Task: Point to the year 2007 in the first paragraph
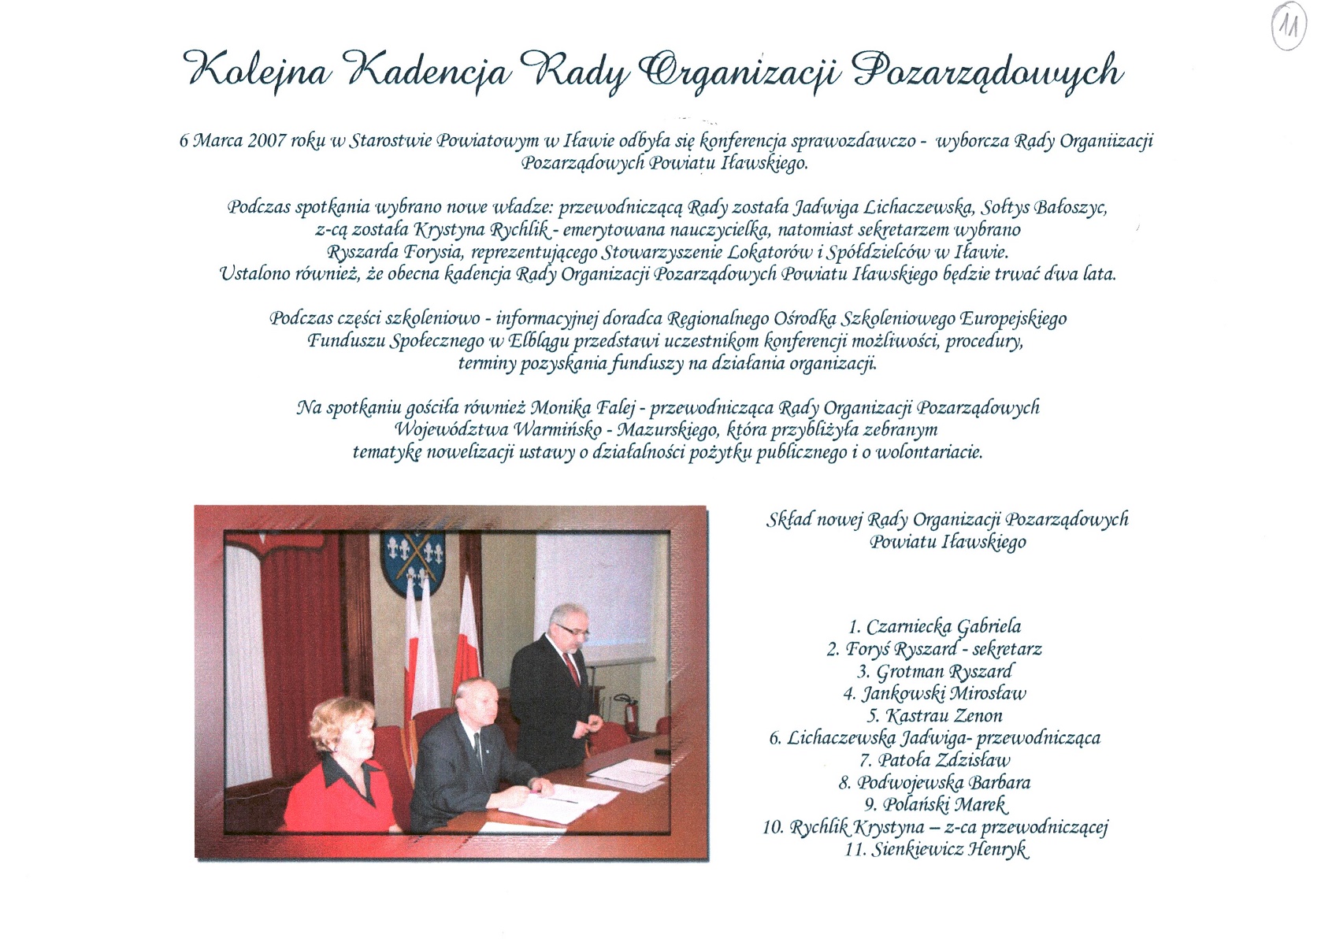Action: [267, 141]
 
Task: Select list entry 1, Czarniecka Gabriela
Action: [934, 627]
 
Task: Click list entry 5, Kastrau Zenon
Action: [934, 716]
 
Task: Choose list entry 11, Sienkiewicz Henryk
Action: [936, 850]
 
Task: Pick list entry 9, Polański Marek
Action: [936, 805]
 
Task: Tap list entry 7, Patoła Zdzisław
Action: [934, 760]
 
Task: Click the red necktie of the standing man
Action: [573, 670]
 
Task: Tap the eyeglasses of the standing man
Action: [571, 631]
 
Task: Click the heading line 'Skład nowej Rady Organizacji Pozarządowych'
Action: [947, 520]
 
